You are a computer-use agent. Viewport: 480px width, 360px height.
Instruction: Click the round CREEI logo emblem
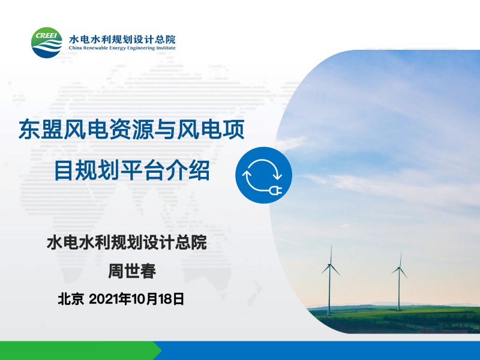[x=47, y=43]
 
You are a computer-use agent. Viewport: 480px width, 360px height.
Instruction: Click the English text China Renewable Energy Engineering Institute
[x=122, y=48]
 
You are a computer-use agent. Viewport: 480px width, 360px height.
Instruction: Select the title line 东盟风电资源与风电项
[x=131, y=130]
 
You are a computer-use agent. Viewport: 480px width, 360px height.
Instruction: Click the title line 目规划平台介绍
[x=132, y=170]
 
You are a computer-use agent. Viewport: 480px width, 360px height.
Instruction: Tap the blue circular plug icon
[x=263, y=175]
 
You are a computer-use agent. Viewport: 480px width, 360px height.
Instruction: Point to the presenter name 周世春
[x=132, y=271]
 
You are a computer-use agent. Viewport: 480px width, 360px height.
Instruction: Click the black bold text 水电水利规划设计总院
[x=127, y=242]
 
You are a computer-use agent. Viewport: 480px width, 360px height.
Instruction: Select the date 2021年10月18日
[x=137, y=299]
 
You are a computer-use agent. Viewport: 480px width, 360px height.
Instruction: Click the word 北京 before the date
[x=71, y=299]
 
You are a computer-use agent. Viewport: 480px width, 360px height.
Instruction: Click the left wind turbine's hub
[x=329, y=265]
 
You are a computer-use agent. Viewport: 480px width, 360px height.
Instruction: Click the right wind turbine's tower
[x=399, y=289]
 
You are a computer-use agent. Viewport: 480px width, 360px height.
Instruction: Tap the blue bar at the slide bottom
[x=319, y=350]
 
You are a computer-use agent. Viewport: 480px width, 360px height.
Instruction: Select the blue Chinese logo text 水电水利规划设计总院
[x=122, y=39]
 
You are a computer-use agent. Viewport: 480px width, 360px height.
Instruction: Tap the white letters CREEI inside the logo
[x=46, y=35]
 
